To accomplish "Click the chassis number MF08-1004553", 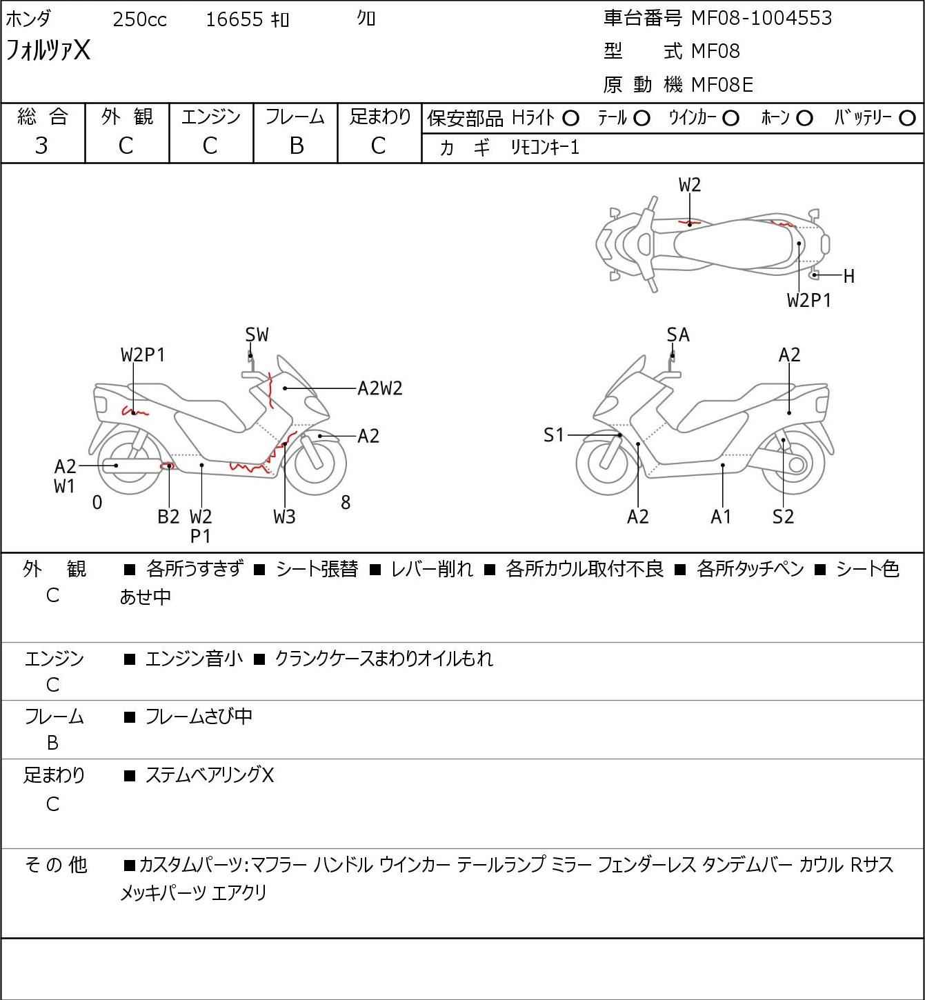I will (762, 19).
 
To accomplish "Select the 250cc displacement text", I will (139, 20).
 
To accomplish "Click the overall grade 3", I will (41, 146).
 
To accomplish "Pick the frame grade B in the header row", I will (296, 146).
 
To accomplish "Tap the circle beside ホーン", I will (804, 119).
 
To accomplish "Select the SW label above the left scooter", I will (257, 335).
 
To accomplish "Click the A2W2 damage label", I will (379, 388).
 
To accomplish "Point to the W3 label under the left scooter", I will (284, 517).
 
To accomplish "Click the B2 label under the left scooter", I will (168, 517).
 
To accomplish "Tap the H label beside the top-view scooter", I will (849, 277).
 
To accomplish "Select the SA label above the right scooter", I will (678, 335).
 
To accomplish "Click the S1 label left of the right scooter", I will (554, 435).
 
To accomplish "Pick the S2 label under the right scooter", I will (784, 517).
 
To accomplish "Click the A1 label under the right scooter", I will (721, 517).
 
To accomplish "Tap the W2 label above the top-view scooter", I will (690, 185).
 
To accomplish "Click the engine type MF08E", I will (722, 85).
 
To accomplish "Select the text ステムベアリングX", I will (210, 776).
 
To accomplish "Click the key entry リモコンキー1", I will (545, 148).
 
